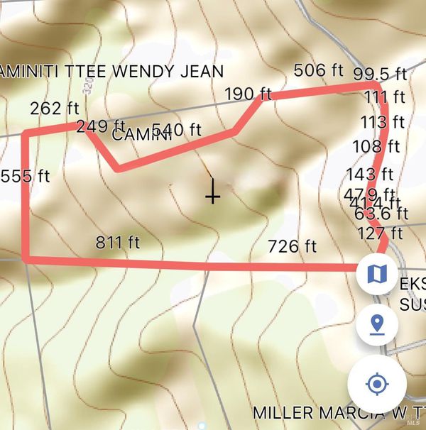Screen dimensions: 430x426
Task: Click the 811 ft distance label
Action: (118, 243)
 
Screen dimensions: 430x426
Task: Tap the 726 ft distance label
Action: (292, 247)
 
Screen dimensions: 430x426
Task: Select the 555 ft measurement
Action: (26, 176)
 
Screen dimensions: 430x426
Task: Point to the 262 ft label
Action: (55, 109)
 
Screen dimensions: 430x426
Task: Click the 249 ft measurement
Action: (100, 127)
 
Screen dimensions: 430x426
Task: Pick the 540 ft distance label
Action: (177, 130)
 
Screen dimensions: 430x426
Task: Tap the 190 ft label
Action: (249, 94)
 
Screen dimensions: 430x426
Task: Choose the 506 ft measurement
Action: (319, 70)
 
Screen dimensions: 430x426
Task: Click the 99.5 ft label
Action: (380, 75)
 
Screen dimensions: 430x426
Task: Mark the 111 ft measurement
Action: (385, 97)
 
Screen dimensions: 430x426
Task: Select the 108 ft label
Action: (376, 148)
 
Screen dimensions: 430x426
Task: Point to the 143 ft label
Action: (370, 174)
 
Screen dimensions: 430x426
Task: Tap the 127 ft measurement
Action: (380, 233)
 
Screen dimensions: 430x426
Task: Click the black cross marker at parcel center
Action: (212, 193)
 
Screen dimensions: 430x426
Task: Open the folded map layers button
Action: (377, 272)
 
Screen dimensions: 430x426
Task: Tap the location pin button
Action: (377, 324)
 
